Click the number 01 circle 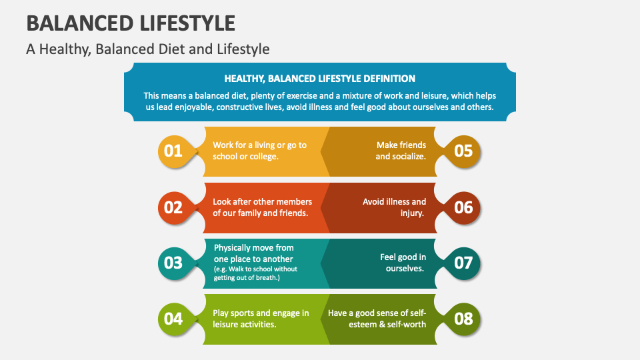click(x=173, y=151)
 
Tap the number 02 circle click(x=173, y=207)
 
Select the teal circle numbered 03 click(x=173, y=263)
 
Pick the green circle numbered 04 click(x=173, y=319)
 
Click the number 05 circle click(x=463, y=151)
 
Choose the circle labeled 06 click(x=463, y=207)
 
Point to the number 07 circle click(x=463, y=263)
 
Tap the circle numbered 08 click(x=463, y=319)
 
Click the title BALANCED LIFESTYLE click(x=131, y=23)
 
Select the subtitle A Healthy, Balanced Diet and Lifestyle click(x=148, y=49)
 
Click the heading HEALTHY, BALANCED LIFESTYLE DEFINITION click(x=320, y=79)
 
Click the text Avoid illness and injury click(x=394, y=207)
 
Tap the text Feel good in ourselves click(x=403, y=262)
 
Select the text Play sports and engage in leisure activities click(x=261, y=319)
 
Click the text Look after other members click(x=262, y=201)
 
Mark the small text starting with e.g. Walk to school click(x=255, y=273)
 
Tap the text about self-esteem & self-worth click(x=377, y=319)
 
